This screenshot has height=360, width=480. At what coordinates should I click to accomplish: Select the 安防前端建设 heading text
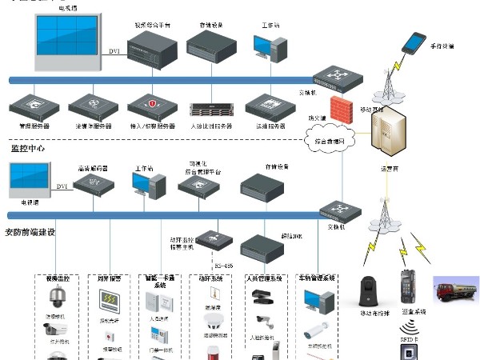pos(31,232)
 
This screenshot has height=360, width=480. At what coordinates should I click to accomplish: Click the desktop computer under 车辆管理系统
pos(318,299)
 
